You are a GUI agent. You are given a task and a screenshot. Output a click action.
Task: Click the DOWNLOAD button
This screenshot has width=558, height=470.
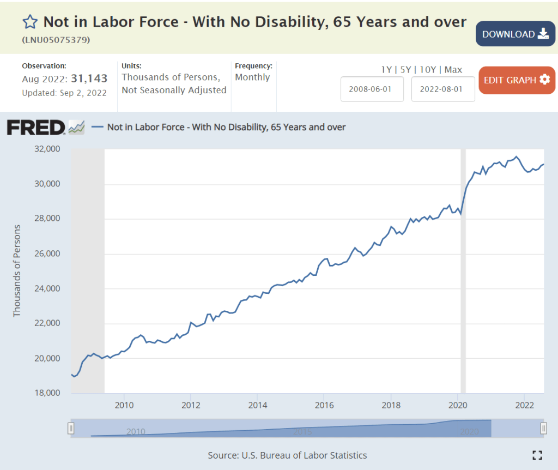[x=515, y=34]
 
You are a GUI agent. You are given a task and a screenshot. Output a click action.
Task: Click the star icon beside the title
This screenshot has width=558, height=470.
[x=30, y=22]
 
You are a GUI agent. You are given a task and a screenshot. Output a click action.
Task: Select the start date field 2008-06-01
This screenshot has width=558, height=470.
[x=372, y=89]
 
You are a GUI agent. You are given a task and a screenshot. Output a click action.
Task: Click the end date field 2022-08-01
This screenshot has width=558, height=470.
[x=442, y=89]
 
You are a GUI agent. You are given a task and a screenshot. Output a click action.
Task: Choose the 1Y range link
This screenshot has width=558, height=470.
[x=386, y=69]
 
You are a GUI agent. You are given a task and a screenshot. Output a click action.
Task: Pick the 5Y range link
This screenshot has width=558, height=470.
[x=405, y=69]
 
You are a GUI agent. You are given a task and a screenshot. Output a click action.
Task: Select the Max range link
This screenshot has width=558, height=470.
[x=453, y=69]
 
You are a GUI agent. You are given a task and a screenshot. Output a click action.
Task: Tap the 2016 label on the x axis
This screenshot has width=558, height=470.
[x=324, y=405]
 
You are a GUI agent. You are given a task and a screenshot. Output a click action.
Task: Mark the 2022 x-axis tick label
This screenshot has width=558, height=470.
[x=524, y=405]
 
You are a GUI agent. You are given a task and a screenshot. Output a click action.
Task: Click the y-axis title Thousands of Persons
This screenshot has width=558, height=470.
[x=17, y=270]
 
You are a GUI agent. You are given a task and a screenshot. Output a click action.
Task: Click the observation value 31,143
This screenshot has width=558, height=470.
[x=90, y=79]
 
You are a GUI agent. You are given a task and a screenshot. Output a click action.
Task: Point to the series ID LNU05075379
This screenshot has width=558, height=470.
[x=56, y=40]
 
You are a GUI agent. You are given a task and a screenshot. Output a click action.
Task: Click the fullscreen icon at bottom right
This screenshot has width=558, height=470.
[x=537, y=455]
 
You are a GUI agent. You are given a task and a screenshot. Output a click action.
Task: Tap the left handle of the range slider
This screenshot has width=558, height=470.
[x=70, y=429]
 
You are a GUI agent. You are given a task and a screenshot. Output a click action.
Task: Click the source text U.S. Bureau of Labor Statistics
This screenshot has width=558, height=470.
[x=287, y=455]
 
